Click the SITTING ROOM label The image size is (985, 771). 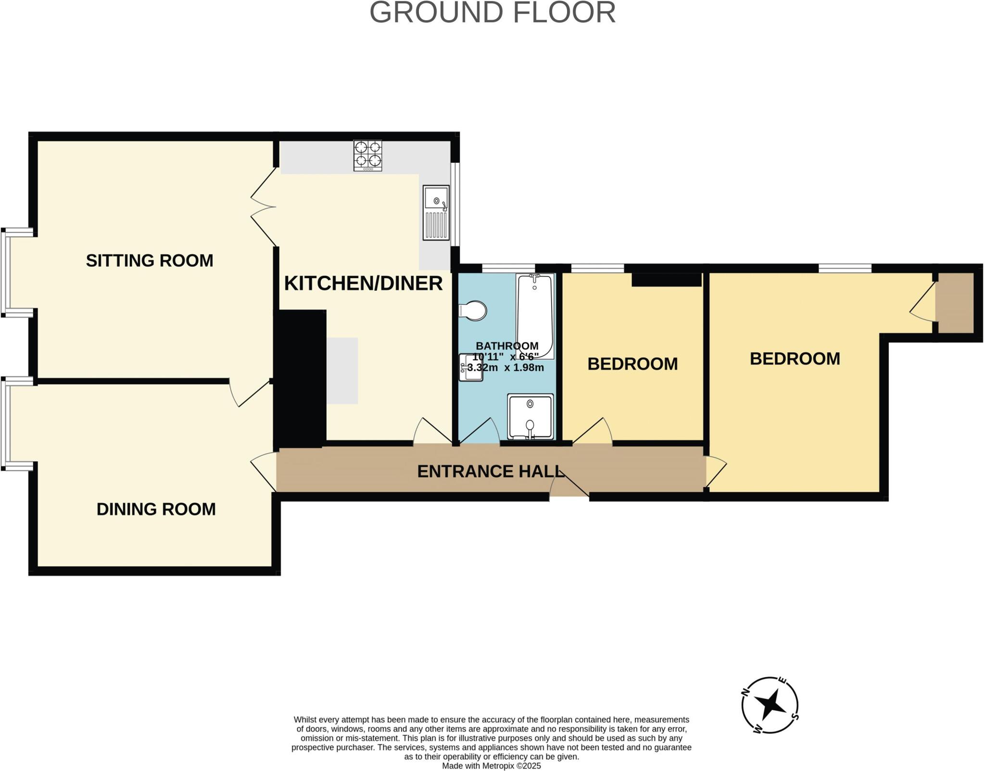tap(149, 260)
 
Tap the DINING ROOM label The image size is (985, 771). tap(156, 509)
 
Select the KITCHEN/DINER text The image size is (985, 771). tap(363, 283)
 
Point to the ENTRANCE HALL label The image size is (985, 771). tap(490, 471)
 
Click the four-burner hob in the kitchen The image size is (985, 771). tap(368, 155)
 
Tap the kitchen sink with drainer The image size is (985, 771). tap(436, 212)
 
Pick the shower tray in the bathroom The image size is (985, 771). tap(530, 417)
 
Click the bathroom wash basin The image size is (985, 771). tap(471, 367)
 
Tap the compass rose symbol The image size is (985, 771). tap(770, 705)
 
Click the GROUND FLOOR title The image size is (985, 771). tap(492, 13)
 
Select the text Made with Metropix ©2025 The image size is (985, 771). tap(492, 766)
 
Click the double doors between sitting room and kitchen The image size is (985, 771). tap(264, 207)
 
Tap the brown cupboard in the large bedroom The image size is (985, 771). tap(955, 303)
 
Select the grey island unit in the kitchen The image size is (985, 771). tap(342, 371)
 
